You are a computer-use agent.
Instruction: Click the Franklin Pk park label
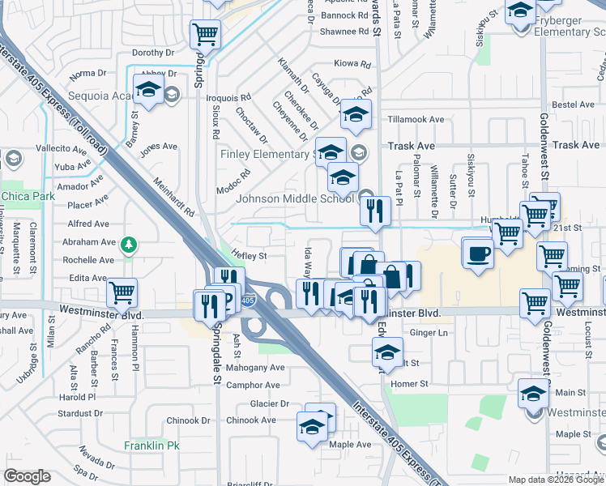(151, 446)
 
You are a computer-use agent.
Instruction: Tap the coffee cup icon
(478, 253)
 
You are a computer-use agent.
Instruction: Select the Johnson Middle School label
(295, 198)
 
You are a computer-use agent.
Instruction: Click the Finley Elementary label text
(266, 154)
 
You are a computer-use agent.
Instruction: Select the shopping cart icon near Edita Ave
(122, 292)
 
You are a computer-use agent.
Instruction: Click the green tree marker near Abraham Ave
(127, 244)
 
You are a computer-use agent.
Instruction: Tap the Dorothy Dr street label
(154, 53)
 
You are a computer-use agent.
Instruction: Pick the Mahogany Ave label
(256, 367)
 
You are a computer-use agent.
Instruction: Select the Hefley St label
(250, 256)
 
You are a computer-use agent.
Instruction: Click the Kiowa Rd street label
(352, 63)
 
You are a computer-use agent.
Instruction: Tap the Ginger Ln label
(430, 333)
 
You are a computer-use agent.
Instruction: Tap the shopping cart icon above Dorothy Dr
(205, 35)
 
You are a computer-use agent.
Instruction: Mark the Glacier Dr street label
(269, 403)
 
